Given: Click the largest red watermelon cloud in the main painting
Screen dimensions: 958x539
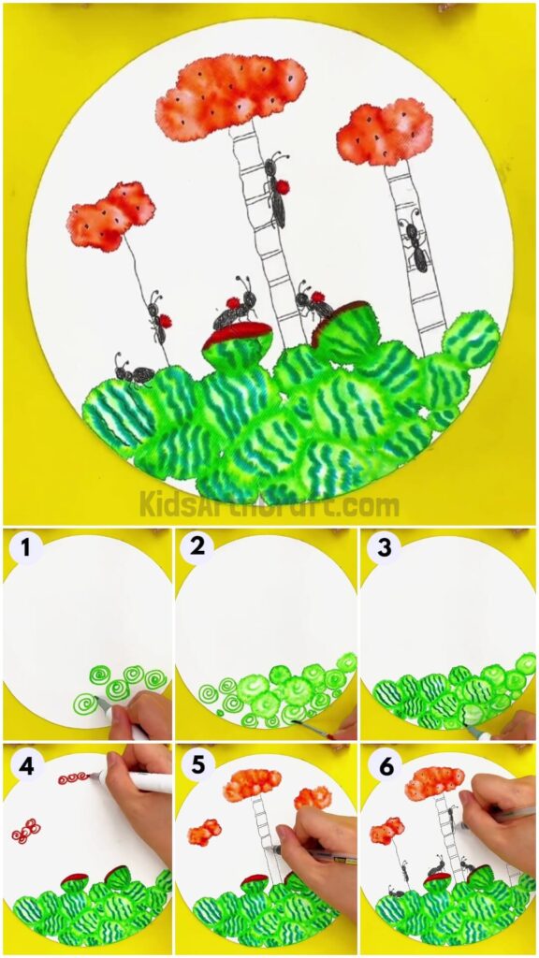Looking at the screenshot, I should [230, 96].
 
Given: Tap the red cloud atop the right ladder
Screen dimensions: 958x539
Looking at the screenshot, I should [385, 132].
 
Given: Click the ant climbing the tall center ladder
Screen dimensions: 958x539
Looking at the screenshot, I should [277, 192].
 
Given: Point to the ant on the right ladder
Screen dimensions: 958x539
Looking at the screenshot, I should [415, 242].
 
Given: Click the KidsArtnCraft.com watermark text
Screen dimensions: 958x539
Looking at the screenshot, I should [269, 505].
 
